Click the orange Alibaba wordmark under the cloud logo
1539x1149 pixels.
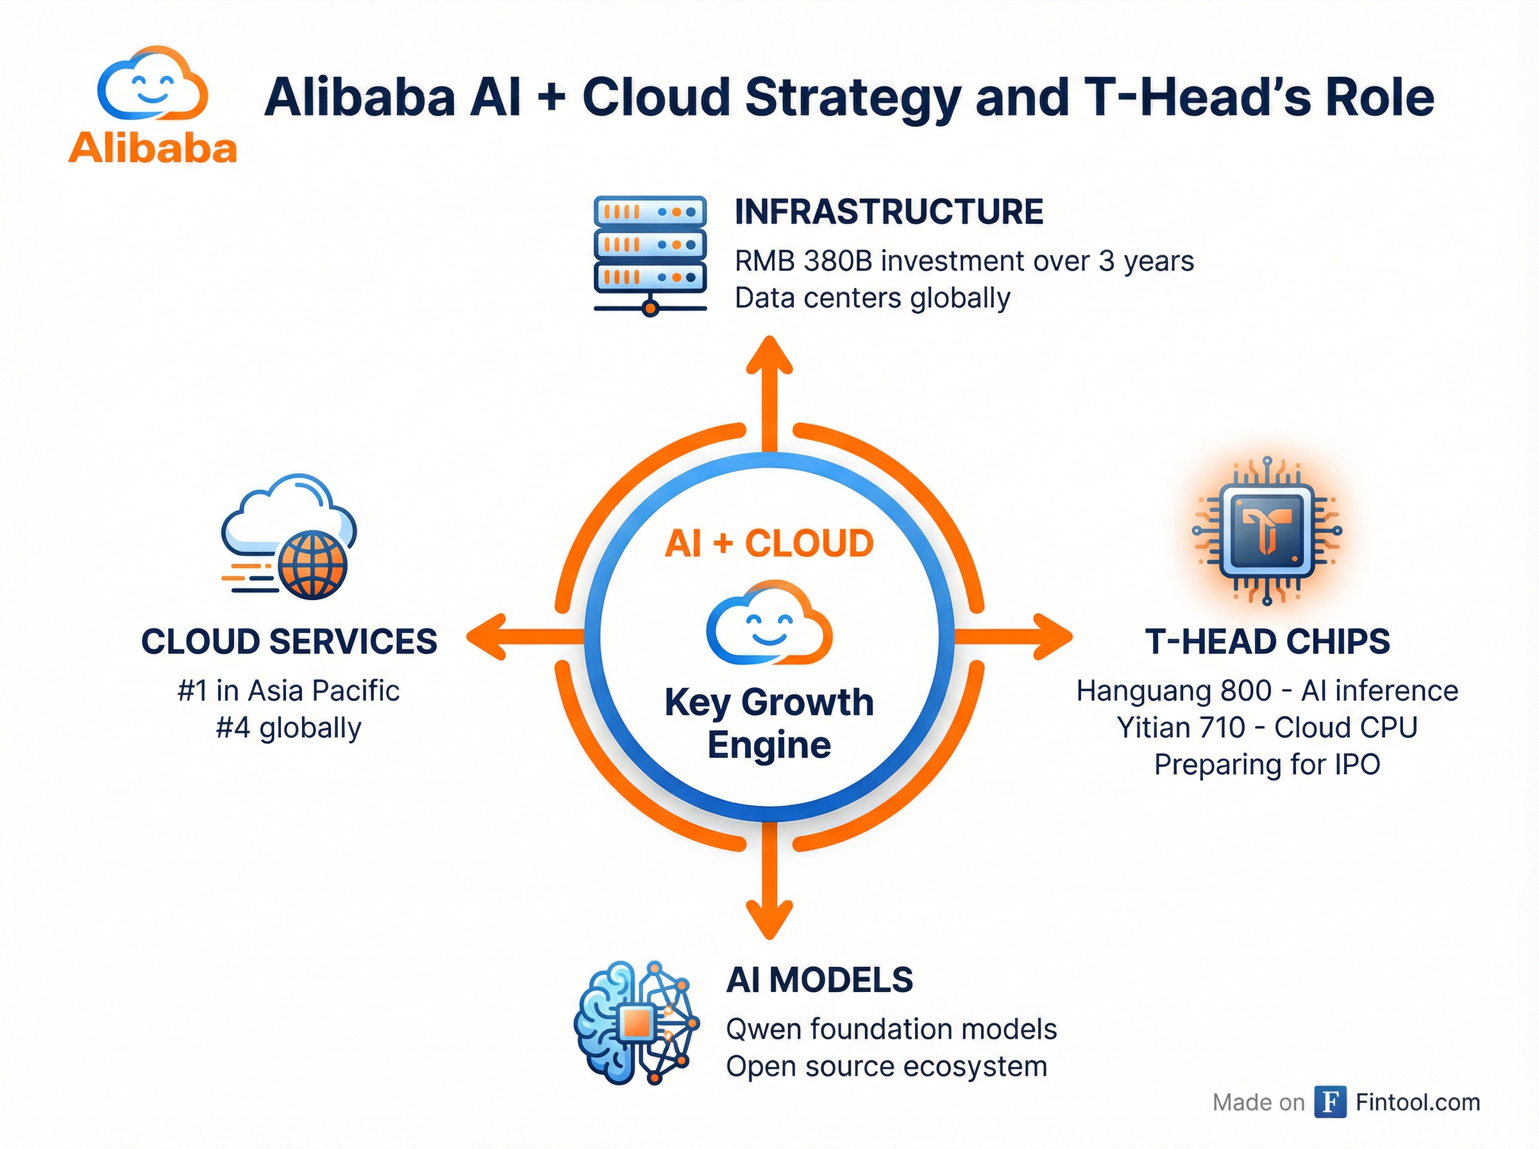[153, 147]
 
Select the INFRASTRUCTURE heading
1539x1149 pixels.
[888, 212]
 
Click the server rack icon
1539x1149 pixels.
[650, 254]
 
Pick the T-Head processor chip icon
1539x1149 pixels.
[1266, 531]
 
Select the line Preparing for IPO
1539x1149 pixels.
[1266, 764]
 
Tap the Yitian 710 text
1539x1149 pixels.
[1181, 728]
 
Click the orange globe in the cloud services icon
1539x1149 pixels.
[312, 566]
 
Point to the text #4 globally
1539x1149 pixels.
[289, 728]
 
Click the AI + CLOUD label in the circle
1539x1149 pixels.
[768, 543]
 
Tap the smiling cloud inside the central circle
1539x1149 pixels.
[768, 622]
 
